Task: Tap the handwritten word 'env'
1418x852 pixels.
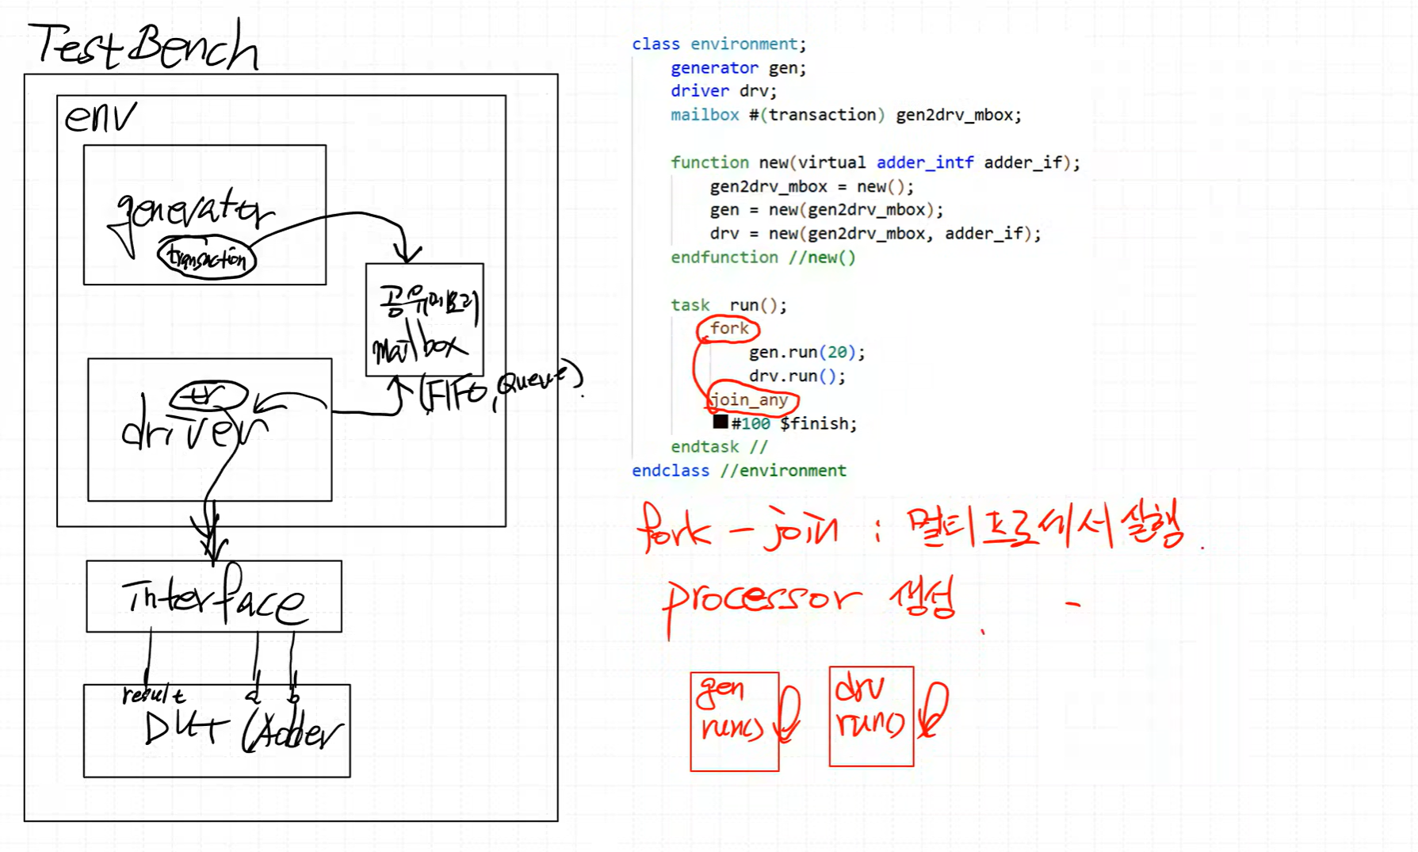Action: click(x=100, y=118)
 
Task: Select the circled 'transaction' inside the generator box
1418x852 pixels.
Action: click(x=207, y=258)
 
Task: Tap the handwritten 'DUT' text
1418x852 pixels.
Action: click(x=184, y=728)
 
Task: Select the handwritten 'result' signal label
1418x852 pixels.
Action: click(x=153, y=695)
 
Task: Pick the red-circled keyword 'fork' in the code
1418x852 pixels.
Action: click(x=729, y=328)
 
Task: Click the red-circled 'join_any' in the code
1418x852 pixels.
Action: click(x=750, y=399)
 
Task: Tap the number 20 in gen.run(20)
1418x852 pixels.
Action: click(x=837, y=352)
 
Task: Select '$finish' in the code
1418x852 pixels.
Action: click(x=818, y=423)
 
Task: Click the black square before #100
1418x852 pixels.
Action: click(x=720, y=422)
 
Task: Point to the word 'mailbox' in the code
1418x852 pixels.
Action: click(x=705, y=115)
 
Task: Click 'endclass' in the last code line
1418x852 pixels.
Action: click(x=671, y=471)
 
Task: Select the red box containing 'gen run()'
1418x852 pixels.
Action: click(x=734, y=720)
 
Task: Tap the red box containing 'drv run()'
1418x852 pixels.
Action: click(x=871, y=716)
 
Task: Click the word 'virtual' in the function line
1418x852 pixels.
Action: click(x=831, y=162)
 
